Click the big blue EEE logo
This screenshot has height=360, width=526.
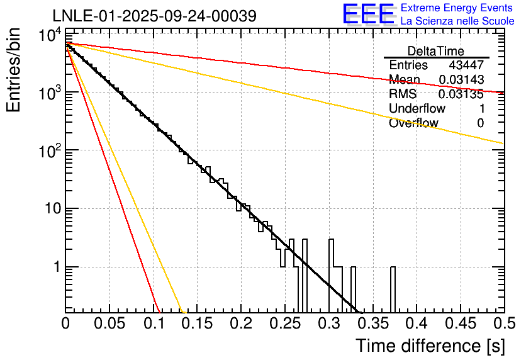click(367, 14)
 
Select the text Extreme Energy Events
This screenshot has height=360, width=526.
click(457, 8)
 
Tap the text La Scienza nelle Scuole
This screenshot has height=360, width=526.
click(457, 21)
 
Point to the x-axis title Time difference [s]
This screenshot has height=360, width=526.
click(429, 346)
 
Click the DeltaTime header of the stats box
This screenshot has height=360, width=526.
click(436, 51)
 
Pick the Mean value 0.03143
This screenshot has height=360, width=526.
click(461, 80)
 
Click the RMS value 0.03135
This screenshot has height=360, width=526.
click(461, 94)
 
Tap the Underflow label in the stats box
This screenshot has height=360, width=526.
click(417, 109)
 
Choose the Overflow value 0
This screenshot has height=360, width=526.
click(480, 123)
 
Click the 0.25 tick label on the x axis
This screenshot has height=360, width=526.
click(284, 324)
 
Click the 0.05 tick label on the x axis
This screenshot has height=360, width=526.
click(109, 324)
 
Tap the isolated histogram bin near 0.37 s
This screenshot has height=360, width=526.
click(393, 290)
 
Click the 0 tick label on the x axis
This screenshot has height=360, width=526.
click(65, 324)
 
